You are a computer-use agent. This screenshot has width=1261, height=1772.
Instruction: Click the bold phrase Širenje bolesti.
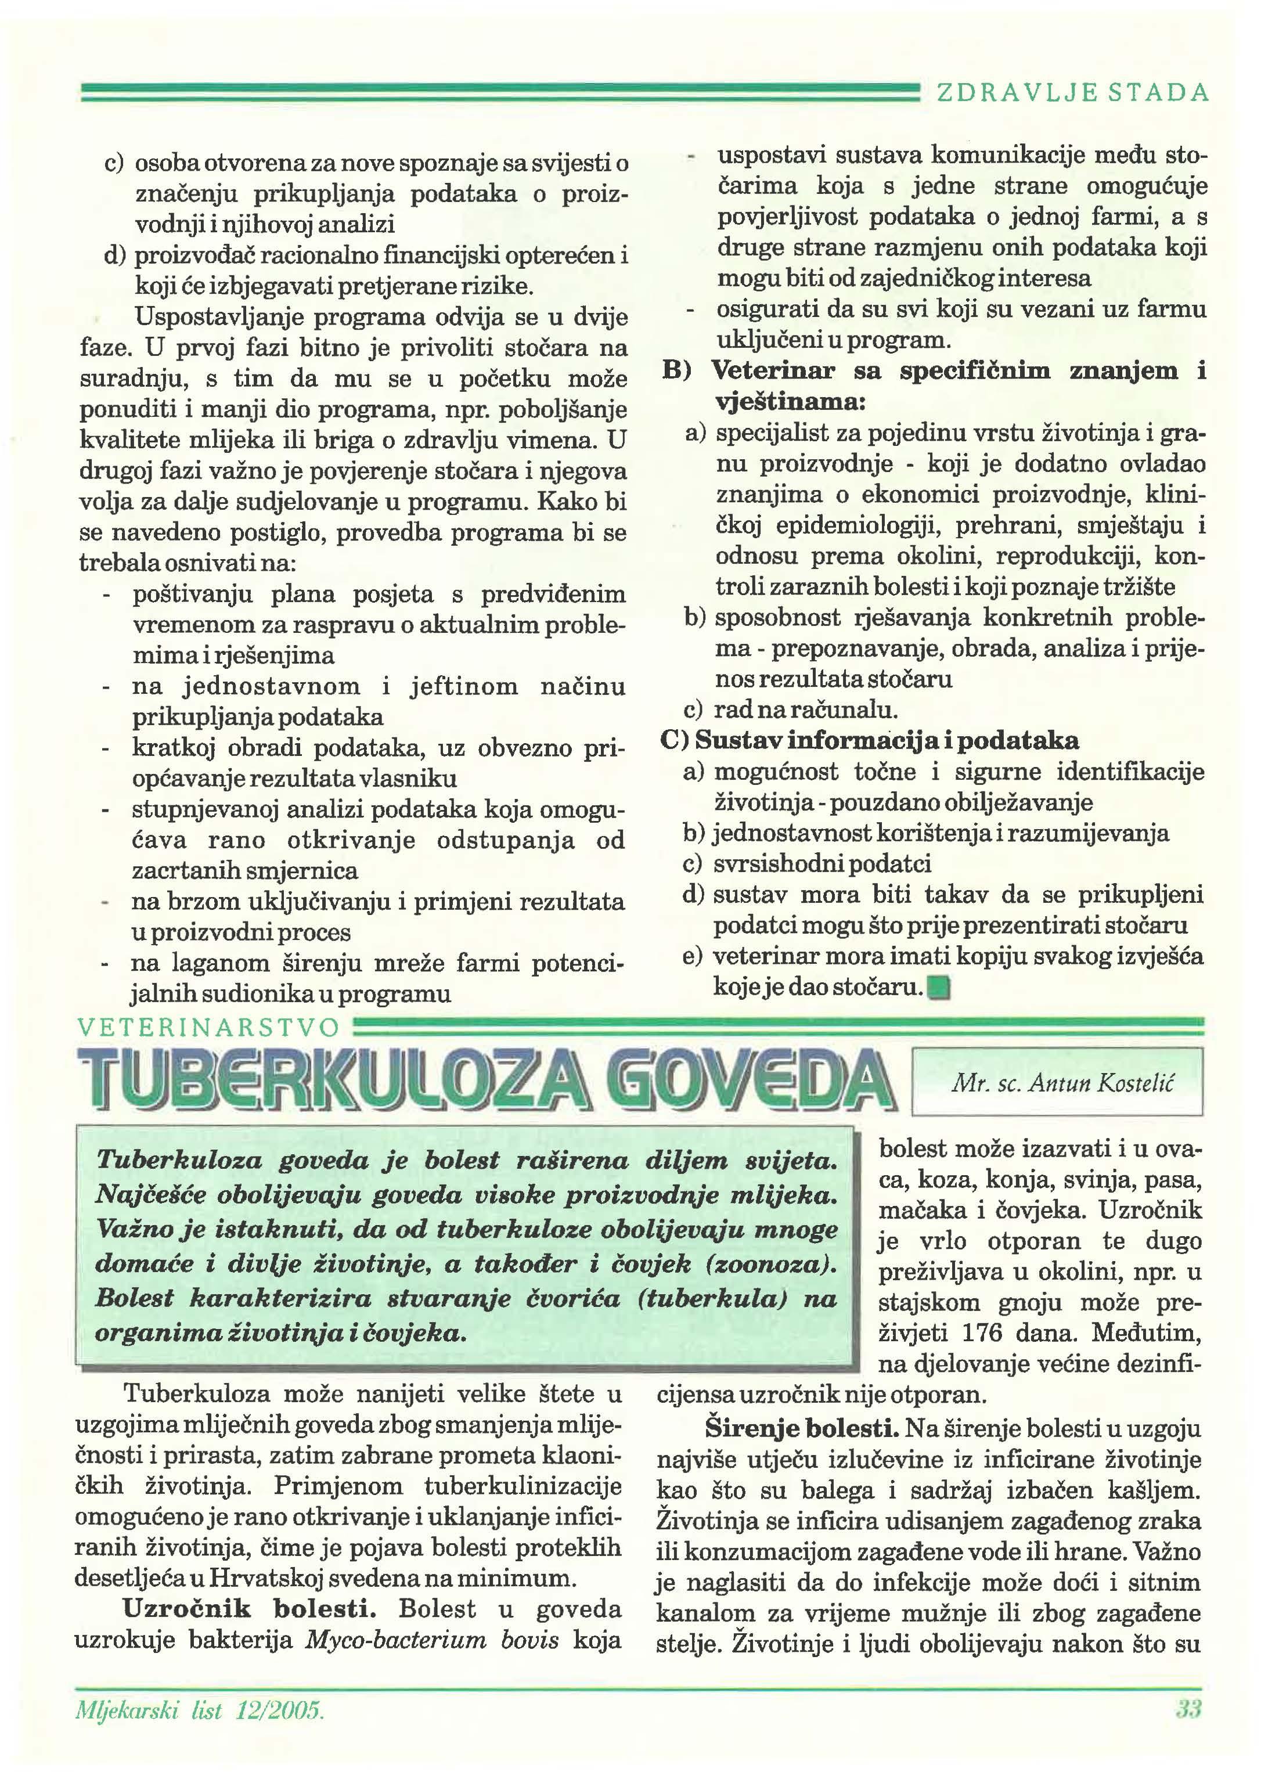(801, 1428)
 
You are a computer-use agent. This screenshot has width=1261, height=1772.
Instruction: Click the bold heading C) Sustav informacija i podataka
(869, 740)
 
